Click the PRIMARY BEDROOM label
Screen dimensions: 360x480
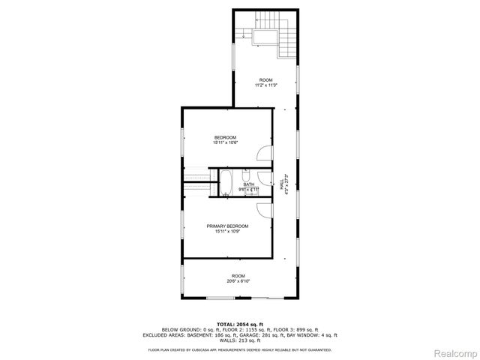click(x=227, y=226)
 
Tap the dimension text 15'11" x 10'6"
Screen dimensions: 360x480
click(x=225, y=143)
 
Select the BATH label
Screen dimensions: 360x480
click(x=248, y=184)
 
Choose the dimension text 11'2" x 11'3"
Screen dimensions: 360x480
click(x=265, y=85)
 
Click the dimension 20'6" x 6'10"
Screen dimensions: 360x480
click(x=238, y=281)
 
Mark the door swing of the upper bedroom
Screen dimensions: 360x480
click(x=262, y=152)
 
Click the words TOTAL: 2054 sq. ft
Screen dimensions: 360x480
click(x=239, y=324)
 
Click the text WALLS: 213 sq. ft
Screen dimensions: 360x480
click(x=239, y=340)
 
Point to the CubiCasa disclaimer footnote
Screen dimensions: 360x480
click(x=239, y=349)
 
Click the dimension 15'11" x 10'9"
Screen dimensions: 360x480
click(x=227, y=232)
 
